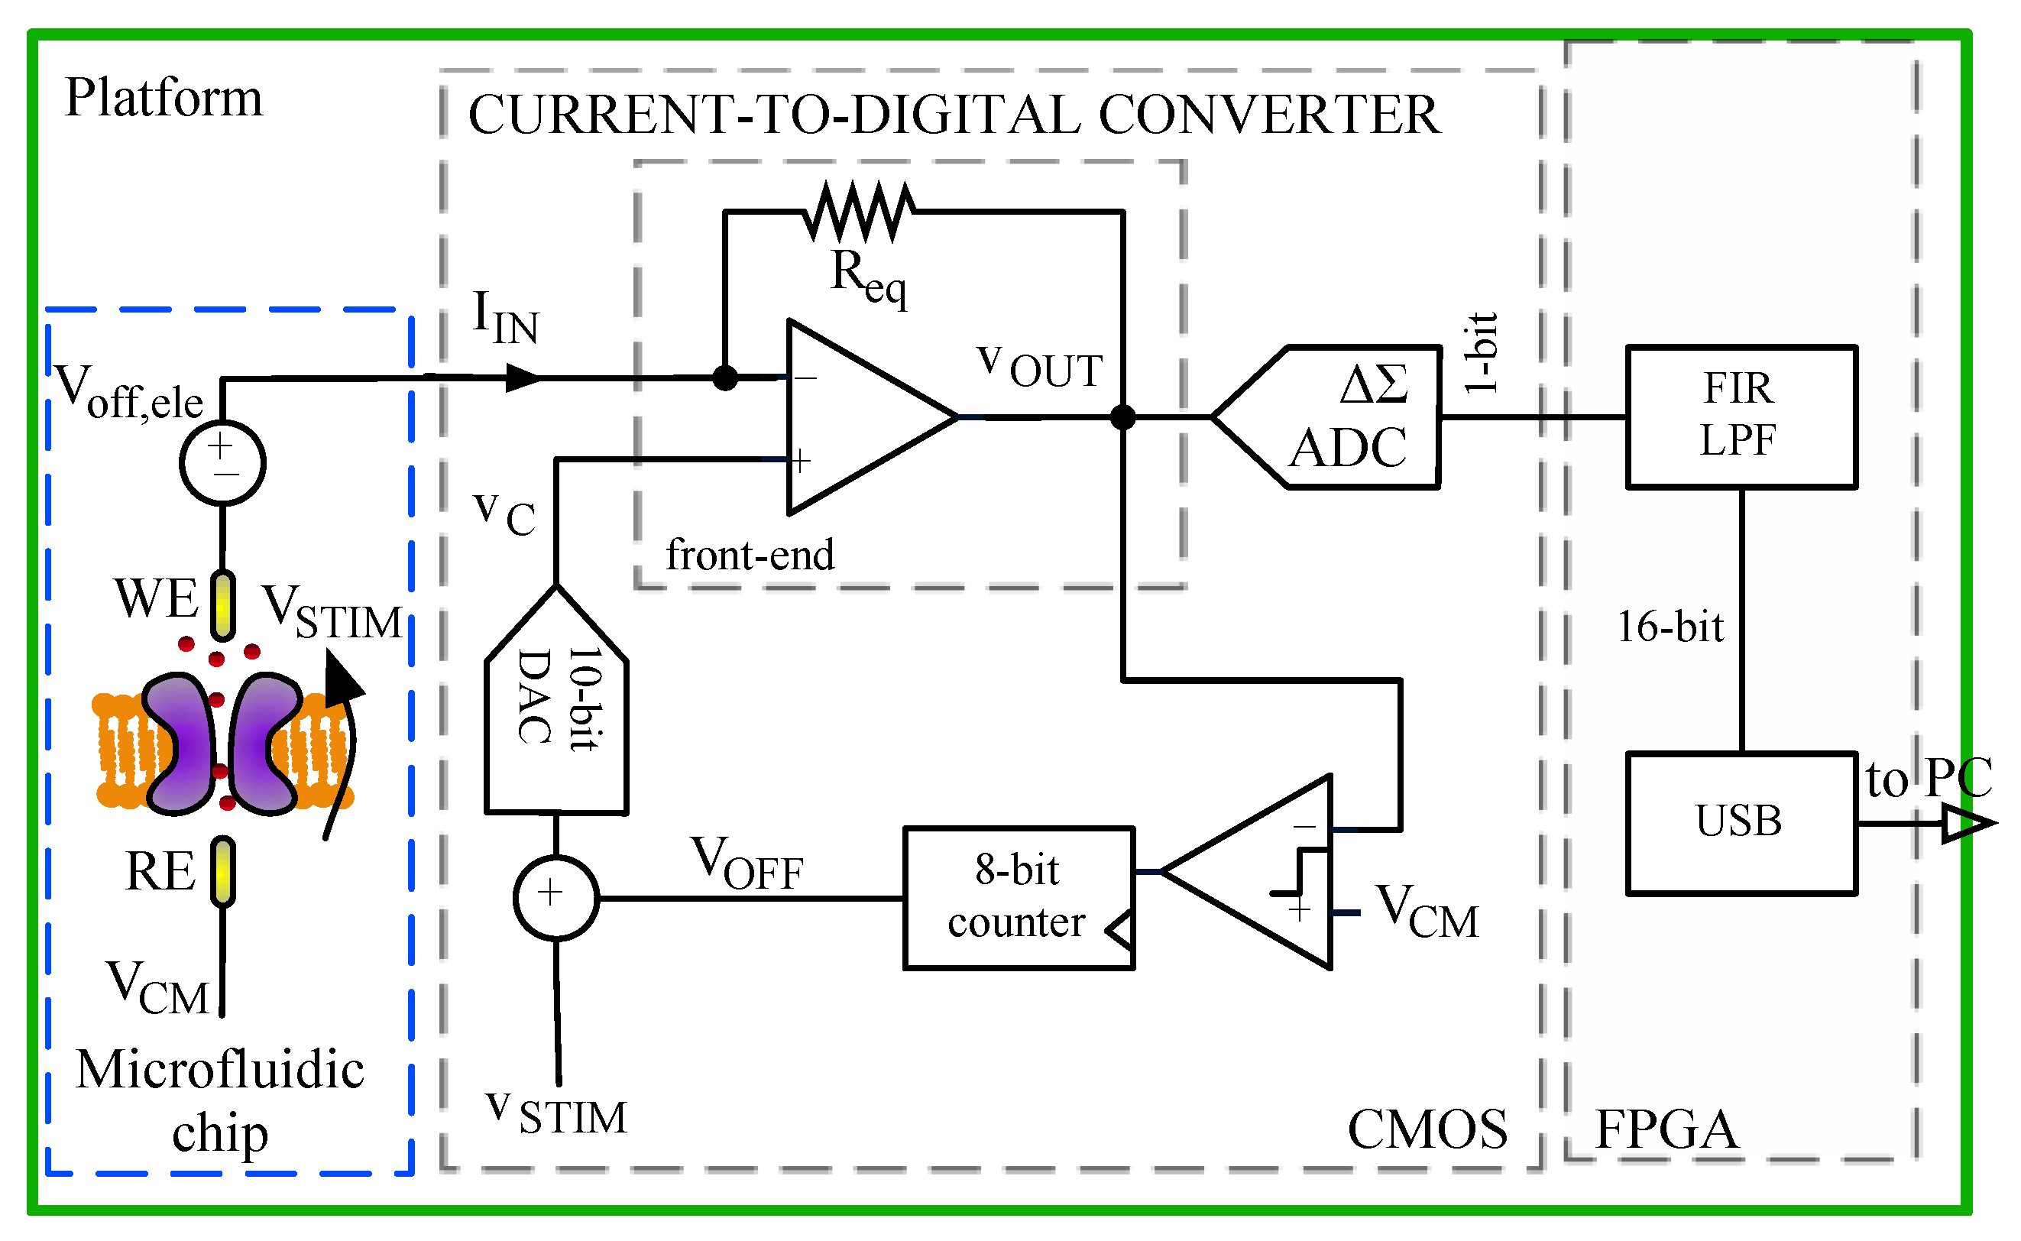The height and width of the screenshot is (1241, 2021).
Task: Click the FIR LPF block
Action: click(x=1741, y=417)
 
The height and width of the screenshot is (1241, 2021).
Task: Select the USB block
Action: click(x=1741, y=823)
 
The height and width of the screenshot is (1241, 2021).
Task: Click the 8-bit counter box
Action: click(x=1019, y=899)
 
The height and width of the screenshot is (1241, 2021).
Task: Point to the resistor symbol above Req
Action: click(x=858, y=211)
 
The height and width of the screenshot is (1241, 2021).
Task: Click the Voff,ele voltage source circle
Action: click(x=222, y=462)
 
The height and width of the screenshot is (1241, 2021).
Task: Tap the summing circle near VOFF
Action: click(x=555, y=898)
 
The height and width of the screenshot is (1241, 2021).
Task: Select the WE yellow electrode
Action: click(x=222, y=606)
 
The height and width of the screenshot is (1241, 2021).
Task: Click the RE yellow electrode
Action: click(x=222, y=872)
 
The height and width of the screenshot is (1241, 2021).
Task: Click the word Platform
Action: click(x=164, y=98)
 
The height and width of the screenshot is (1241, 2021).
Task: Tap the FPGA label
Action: click(x=1665, y=1130)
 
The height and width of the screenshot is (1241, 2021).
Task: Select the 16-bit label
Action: click(x=1669, y=627)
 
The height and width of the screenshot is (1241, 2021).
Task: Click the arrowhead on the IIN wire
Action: click(x=522, y=377)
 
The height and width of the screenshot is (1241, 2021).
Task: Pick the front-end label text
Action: click(x=749, y=556)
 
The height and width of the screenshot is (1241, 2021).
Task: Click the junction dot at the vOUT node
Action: click(x=1122, y=417)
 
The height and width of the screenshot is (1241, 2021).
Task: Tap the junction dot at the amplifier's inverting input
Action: click(x=724, y=377)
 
